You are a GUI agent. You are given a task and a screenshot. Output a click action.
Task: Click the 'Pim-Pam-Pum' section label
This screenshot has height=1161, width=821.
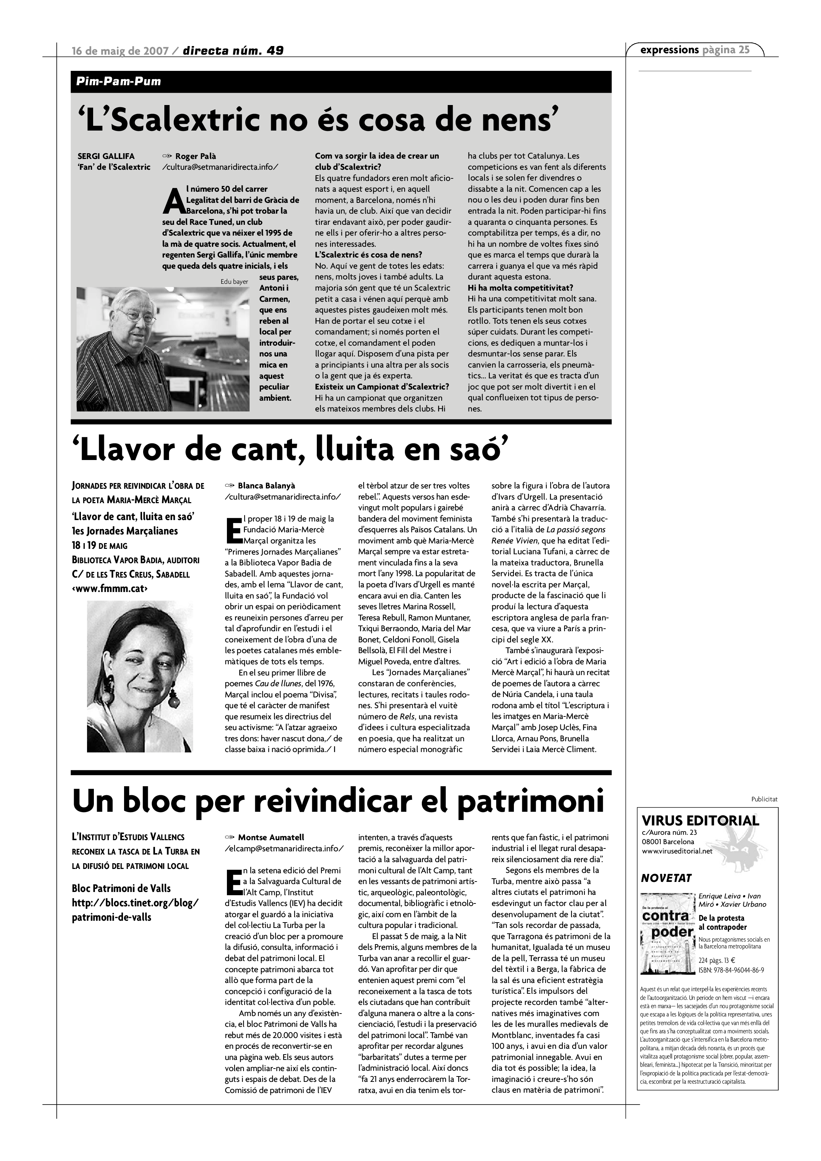click(x=119, y=81)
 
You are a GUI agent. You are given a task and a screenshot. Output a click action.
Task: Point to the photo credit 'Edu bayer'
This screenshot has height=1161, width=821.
click(x=234, y=282)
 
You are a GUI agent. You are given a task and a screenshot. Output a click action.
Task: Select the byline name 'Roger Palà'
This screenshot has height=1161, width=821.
click(x=196, y=156)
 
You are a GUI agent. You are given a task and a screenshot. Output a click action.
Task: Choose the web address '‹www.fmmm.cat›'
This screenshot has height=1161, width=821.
click(x=110, y=588)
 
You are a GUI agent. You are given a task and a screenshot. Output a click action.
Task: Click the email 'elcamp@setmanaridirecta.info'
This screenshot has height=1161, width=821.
click(x=286, y=848)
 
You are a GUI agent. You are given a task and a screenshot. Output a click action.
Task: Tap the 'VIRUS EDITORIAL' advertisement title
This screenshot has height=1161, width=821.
click(x=700, y=820)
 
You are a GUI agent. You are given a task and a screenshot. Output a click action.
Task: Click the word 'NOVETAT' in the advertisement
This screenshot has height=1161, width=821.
click(x=666, y=878)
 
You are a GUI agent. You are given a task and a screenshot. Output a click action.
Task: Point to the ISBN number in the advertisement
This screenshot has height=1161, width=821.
click(x=731, y=970)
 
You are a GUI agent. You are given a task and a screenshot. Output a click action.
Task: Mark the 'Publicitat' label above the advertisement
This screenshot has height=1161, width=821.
click(x=764, y=800)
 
